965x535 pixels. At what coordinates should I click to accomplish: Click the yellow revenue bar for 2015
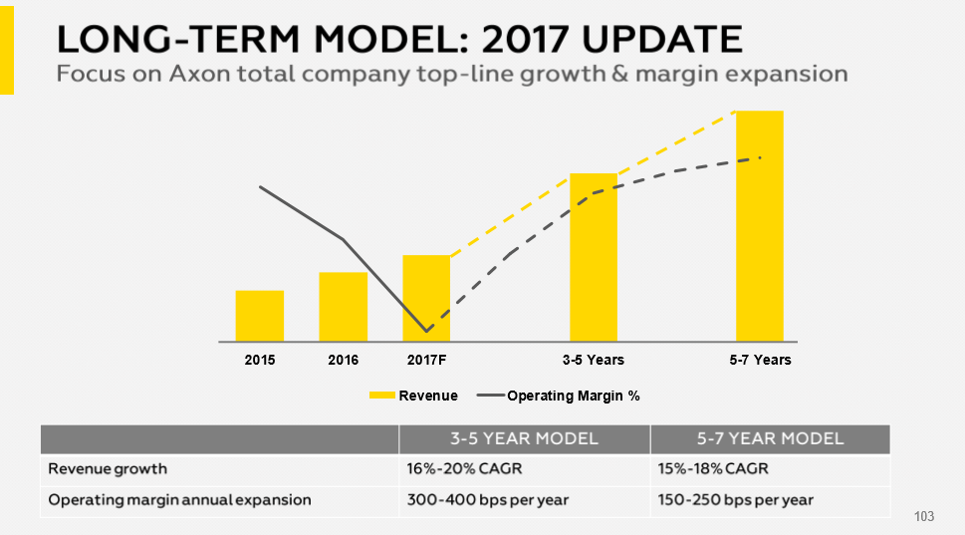(259, 315)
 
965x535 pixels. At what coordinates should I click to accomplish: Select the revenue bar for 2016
(343, 306)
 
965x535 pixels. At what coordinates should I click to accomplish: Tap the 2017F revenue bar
(426, 297)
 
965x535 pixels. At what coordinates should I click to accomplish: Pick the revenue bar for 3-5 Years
(593, 257)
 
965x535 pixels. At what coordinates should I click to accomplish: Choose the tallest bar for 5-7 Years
(759, 225)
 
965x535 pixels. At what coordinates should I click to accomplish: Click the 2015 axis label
(259, 360)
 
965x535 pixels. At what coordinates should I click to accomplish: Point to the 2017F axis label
(426, 360)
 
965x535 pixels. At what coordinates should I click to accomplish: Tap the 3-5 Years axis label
(593, 360)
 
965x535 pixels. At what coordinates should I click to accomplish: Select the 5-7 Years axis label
(760, 360)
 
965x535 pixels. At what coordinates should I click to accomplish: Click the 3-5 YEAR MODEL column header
(524, 439)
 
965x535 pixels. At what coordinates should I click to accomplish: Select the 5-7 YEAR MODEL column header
(770, 439)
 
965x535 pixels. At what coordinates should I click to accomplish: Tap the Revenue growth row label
(108, 468)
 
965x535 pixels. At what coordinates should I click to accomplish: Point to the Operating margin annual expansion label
(179, 499)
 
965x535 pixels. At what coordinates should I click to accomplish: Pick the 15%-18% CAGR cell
(712, 468)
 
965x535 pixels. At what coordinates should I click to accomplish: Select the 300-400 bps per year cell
(487, 499)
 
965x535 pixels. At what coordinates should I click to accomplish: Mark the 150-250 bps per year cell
(736, 499)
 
